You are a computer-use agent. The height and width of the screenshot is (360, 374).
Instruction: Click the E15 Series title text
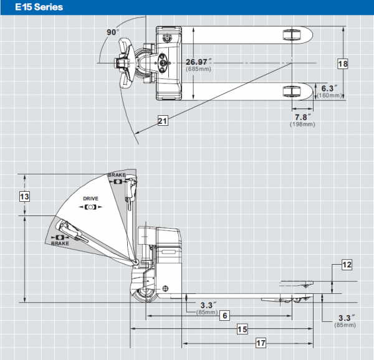click(x=39, y=7)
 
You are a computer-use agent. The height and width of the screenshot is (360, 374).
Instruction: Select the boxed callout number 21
click(x=163, y=121)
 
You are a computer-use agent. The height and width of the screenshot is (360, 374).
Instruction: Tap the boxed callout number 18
click(x=343, y=64)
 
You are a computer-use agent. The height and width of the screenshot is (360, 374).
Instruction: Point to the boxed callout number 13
click(x=24, y=197)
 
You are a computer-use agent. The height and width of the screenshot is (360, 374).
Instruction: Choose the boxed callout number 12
click(x=347, y=265)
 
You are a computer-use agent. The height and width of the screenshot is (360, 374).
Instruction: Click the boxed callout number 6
click(x=224, y=316)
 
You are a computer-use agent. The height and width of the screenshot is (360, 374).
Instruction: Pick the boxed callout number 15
click(x=242, y=329)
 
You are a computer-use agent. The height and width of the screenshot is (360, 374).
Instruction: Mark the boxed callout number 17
click(x=261, y=343)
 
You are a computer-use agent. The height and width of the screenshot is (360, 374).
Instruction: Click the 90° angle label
click(x=113, y=32)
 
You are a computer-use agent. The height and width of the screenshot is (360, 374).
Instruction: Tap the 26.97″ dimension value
click(x=198, y=62)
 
